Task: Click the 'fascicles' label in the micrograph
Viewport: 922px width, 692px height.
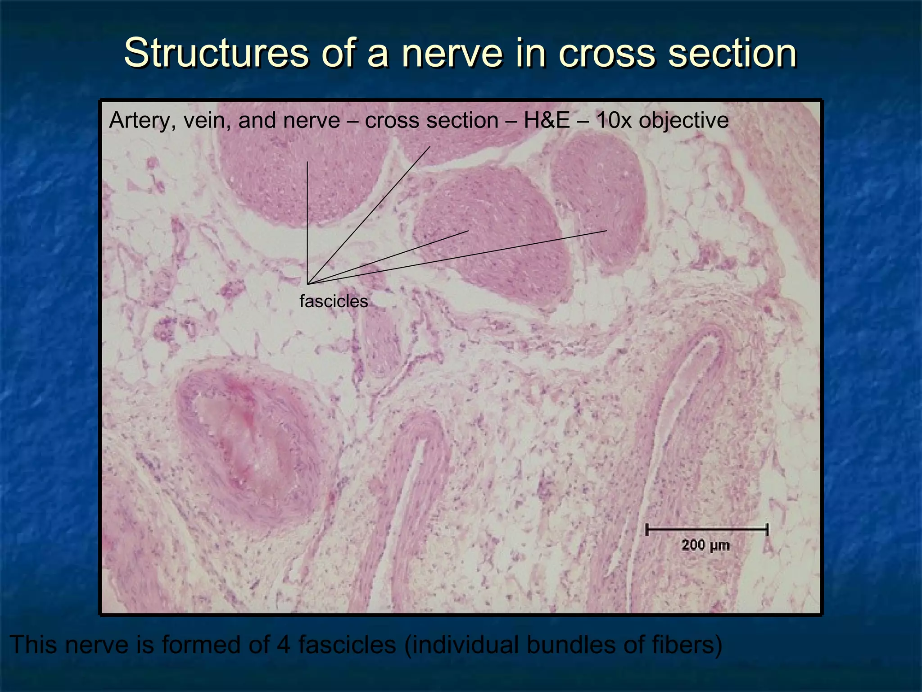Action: (x=334, y=301)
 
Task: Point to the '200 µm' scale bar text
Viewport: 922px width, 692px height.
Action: (x=705, y=545)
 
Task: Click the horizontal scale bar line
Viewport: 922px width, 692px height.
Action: (x=706, y=530)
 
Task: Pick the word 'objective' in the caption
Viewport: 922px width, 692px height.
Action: (x=683, y=121)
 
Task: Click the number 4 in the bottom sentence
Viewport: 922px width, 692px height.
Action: (x=284, y=644)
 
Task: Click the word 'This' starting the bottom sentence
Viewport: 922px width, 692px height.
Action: (x=34, y=644)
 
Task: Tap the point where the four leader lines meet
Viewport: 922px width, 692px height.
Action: (x=308, y=283)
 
